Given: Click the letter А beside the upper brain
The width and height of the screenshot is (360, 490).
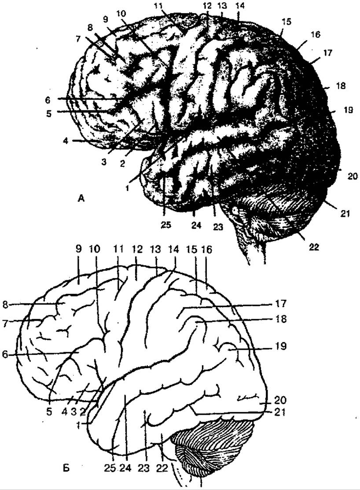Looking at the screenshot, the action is pos(81,197).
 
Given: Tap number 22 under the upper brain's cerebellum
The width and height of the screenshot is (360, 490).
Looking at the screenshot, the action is pos(314,247).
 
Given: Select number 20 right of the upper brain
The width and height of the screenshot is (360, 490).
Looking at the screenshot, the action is pos(352,176).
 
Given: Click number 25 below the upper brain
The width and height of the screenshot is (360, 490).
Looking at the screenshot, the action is pos(166,225).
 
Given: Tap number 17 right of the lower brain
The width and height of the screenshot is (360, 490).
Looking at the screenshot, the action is pos(280,304).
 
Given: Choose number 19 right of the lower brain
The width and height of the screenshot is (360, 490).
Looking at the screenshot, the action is pos(280,346).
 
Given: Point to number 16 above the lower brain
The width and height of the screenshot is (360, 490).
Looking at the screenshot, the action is pos(206,249).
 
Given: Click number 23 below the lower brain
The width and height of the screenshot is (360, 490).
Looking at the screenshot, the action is pos(145,468).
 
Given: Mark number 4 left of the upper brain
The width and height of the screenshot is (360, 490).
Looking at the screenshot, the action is pos(66,141).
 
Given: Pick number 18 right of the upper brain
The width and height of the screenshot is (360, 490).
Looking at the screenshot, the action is pos(341,86).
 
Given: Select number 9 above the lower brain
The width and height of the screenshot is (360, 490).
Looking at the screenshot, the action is pos(78,249).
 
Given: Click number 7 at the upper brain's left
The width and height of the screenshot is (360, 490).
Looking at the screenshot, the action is pos(78,39).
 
